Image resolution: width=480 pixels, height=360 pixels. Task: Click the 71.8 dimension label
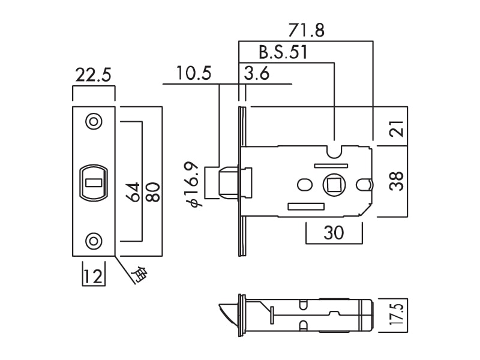click(x=306, y=31)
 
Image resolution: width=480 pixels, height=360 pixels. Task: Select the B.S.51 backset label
click(x=283, y=52)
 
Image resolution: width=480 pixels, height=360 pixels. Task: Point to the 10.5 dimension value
click(x=194, y=74)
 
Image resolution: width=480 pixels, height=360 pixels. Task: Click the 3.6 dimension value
click(x=257, y=74)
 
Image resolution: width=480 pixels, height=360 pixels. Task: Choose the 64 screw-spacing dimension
click(x=133, y=191)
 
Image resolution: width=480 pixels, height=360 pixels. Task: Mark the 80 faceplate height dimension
click(x=154, y=191)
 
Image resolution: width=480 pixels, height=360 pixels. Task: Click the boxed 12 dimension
click(x=93, y=277)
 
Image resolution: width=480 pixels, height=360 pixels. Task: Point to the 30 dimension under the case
click(x=334, y=233)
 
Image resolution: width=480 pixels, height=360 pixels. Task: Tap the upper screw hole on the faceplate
click(x=93, y=121)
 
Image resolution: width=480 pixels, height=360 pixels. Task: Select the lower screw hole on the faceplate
click(x=93, y=241)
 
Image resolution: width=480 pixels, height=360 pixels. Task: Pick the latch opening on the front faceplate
click(x=93, y=181)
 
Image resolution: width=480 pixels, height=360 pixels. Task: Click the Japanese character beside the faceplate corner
click(x=139, y=274)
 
